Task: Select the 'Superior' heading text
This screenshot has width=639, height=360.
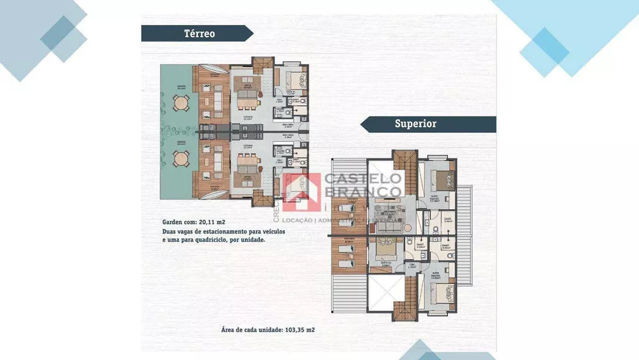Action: [415, 124]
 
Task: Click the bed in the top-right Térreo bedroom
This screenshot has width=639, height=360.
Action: [296, 81]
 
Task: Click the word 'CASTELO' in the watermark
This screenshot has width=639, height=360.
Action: [364, 179]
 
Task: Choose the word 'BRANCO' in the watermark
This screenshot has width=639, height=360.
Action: [364, 192]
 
